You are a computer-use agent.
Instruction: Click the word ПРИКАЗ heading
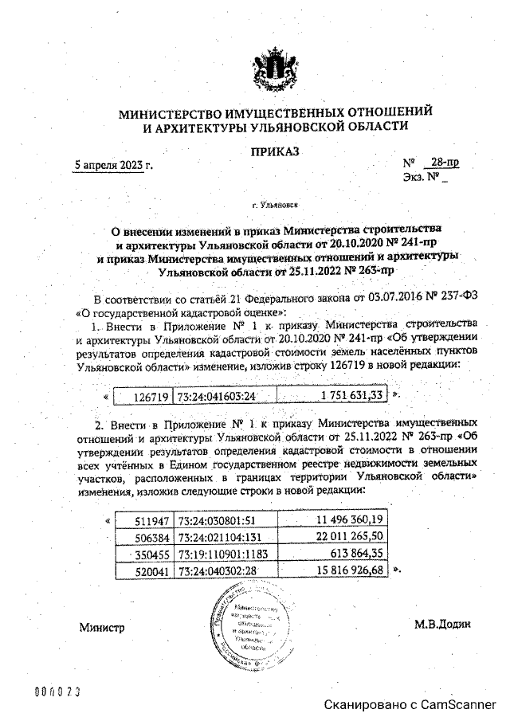[275, 151]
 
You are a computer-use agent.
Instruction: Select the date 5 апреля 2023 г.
[113, 166]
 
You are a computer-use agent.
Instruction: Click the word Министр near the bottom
[101, 628]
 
